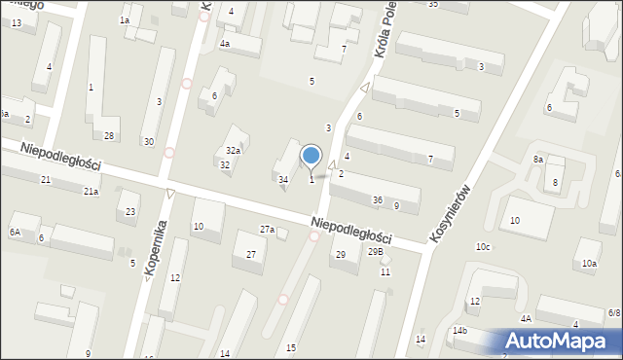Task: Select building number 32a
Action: pos(233,151)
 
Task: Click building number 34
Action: pos(283,180)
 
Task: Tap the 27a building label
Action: pos(267,230)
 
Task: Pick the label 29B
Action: pos(376,252)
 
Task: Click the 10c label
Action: pos(483,247)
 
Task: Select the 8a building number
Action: pos(537,160)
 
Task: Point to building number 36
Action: pos(377,199)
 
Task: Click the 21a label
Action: pos(91,192)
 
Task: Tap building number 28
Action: pos(109,135)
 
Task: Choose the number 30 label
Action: pos(148,142)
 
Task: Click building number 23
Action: pos(130,211)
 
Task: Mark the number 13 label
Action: pos(17,22)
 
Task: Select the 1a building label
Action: pos(124,20)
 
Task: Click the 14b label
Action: pos(459,332)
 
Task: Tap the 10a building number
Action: pos(589,264)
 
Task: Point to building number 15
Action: pos(291,347)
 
